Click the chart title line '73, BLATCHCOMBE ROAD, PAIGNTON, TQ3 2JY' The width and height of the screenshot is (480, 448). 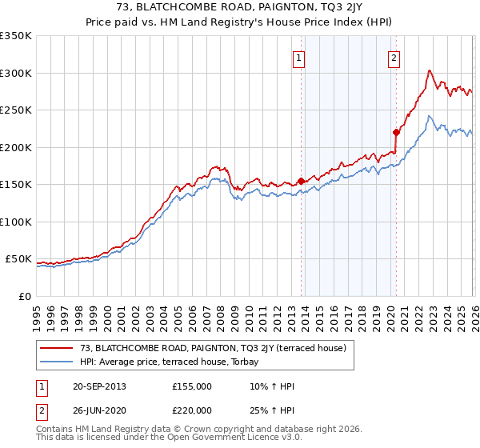240,9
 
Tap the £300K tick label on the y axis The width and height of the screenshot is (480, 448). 16,73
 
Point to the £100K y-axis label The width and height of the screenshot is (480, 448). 16,222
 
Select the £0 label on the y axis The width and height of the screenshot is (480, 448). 25,296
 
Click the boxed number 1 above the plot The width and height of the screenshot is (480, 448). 298,58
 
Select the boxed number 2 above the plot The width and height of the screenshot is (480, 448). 394,58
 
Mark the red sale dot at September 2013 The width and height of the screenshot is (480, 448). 301,182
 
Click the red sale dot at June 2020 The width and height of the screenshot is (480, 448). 396,133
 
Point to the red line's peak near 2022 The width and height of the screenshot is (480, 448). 430,70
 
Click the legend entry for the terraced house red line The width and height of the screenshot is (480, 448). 212,348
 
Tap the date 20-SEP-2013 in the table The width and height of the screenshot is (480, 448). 98,386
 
